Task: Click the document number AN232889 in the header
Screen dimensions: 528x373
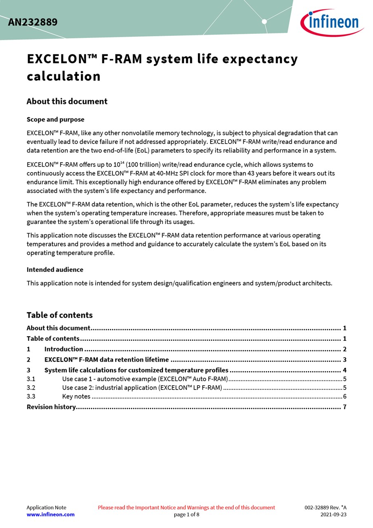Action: pyautogui.click(x=33, y=22)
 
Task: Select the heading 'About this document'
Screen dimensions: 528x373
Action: pyautogui.click(x=67, y=101)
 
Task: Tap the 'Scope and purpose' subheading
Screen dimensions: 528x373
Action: pyautogui.click(x=55, y=120)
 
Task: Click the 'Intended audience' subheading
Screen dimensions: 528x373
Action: pyautogui.click(x=55, y=270)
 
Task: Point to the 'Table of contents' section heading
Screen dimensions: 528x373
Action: pyautogui.click(x=59, y=315)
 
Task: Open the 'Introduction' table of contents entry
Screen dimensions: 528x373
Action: pyautogui.click(x=63, y=349)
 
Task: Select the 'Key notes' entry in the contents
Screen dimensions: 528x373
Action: pyautogui.click(x=76, y=396)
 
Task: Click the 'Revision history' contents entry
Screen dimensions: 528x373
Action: pyautogui.click(x=51, y=407)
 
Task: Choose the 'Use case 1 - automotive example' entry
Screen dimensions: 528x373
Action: pyautogui.click(x=145, y=379)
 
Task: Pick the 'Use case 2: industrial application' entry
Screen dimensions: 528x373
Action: pyautogui.click(x=142, y=388)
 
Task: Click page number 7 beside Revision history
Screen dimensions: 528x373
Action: pyautogui.click(x=345, y=407)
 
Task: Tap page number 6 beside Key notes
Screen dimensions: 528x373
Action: pyautogui.click(x=345, y=396)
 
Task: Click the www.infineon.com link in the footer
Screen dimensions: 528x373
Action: pyautogui.click(x=51, y=514)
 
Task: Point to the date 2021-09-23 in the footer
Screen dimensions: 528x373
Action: pyautogui.click(x=333, y=514)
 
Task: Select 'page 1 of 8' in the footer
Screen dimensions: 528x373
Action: pyautogui.click(x=186, y=514)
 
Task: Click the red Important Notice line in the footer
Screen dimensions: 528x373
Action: pyautogui.click(x=186, y=507)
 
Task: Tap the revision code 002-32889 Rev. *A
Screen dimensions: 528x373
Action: pyautogui.click(x=326, y=507)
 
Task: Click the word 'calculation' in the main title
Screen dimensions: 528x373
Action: pyautogui.click(x=63, y=76)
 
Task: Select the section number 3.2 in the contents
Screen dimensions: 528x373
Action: pyautogui.click(x=31, y=388)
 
